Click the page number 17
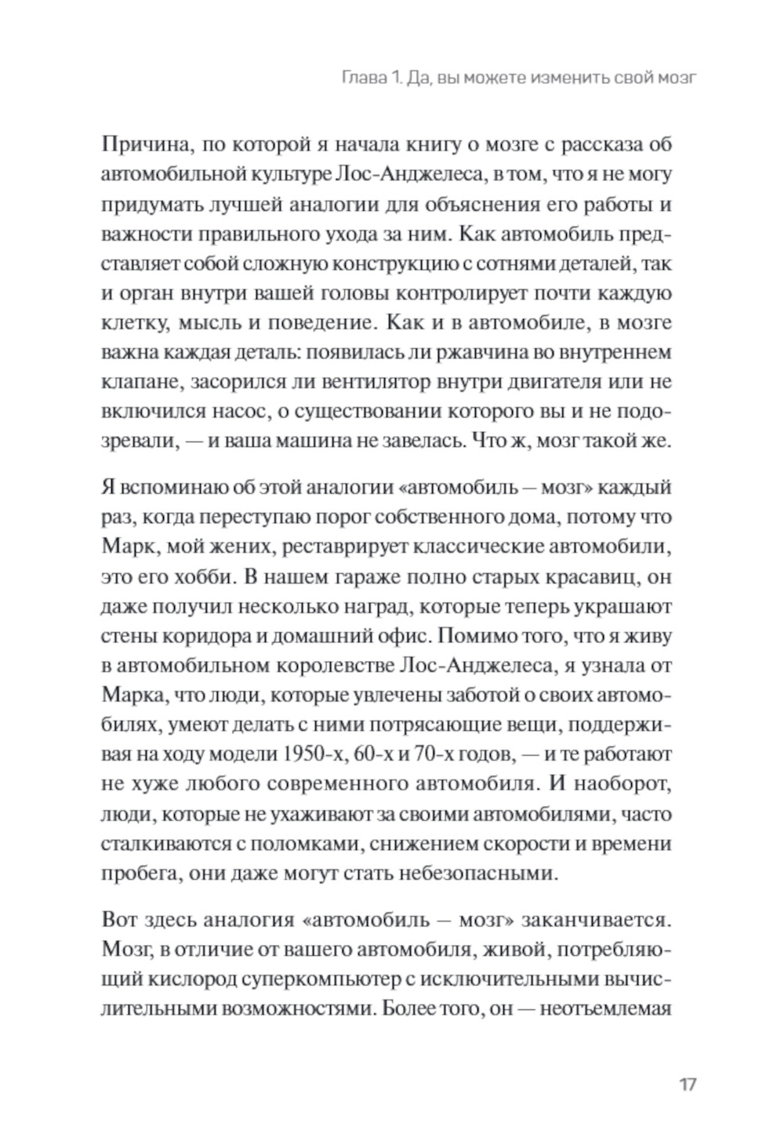click(687, 1085)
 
